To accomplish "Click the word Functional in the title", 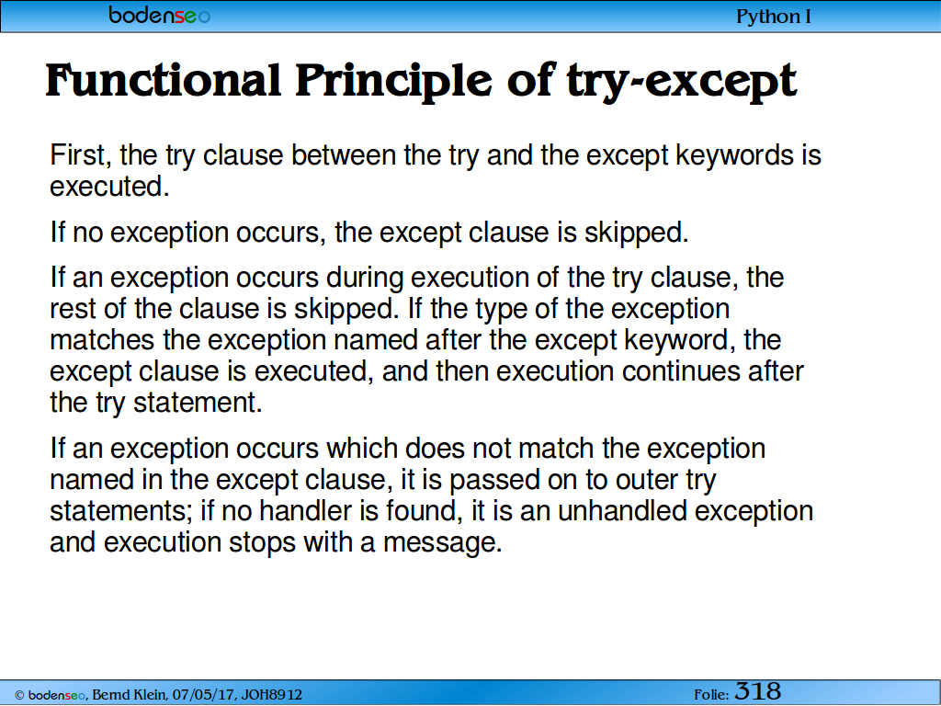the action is coord(164,81).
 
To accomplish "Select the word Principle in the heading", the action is coord(393,83).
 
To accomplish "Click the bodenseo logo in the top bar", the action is coord(160,15).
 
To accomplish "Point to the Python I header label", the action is coord(774,17).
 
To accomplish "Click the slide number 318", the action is coord(758,691).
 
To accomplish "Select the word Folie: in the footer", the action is coord(711,695).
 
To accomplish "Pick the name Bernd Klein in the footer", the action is coord(129,695).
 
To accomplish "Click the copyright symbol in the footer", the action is coord(19,695).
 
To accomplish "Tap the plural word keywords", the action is coord(734,156).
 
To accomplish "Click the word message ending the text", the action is coord(442,543).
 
